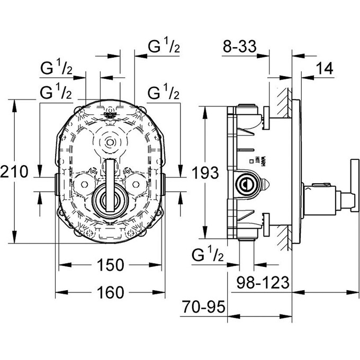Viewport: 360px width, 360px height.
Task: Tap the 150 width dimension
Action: pos(110,264)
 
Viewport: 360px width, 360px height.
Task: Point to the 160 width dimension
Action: pos(110,292)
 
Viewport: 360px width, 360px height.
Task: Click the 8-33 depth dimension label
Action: pos(239,48)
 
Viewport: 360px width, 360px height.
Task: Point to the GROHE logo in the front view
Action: pos(111,114)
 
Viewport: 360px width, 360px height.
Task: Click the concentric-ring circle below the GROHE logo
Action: pos(110,142)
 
